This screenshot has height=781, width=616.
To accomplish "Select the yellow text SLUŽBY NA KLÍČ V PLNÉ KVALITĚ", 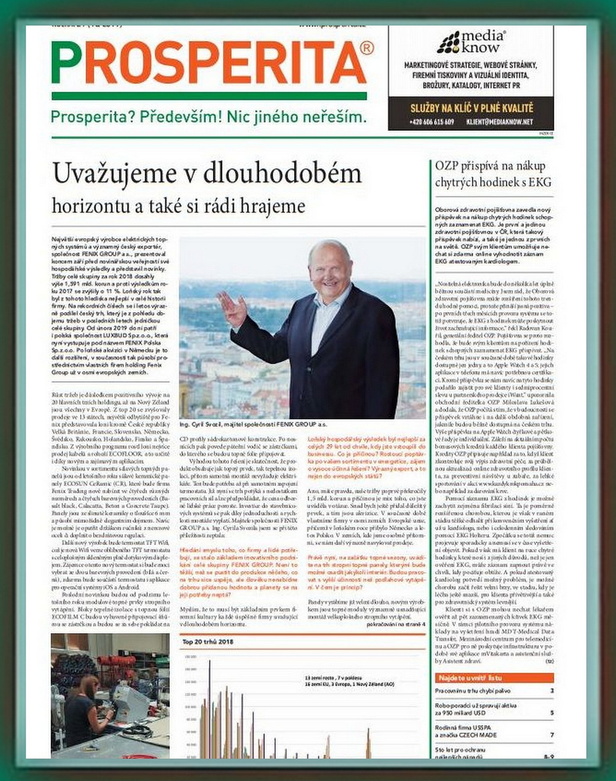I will [x=471, y=109].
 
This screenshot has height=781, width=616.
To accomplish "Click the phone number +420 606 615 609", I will [x=431, y=122].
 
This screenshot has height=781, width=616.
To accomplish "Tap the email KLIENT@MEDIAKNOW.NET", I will [x=499, y=122].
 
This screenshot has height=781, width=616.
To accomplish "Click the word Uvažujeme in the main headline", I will [x=115, y=174].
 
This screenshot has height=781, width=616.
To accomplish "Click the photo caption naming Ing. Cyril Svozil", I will [x=253, y=424].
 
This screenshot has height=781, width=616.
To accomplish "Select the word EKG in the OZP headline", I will [x=540, y=182].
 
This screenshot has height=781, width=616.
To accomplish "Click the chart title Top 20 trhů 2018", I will [x=208, y=642].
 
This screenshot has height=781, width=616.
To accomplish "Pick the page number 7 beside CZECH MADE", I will [x=552, y=735].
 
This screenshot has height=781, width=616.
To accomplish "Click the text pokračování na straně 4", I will [x=395, y=624].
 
